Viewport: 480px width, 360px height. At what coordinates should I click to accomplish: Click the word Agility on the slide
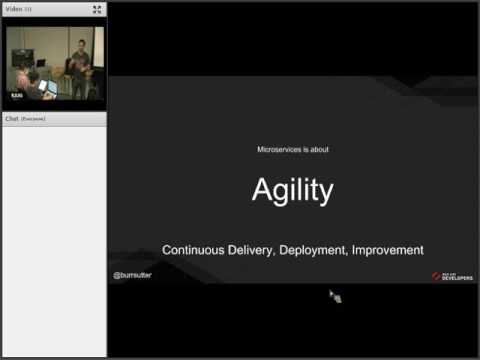point(292,190)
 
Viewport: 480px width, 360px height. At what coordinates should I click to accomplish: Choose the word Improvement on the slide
point(387,250)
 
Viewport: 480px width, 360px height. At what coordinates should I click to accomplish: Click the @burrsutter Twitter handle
point(132,274)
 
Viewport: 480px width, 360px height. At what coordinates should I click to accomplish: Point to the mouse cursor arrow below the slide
point(334,296)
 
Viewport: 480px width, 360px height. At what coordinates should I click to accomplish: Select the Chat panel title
point(12,118)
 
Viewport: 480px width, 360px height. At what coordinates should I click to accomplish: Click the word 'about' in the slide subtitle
point(319,150)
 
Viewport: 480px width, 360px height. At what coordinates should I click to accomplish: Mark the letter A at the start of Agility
point(262,190)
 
